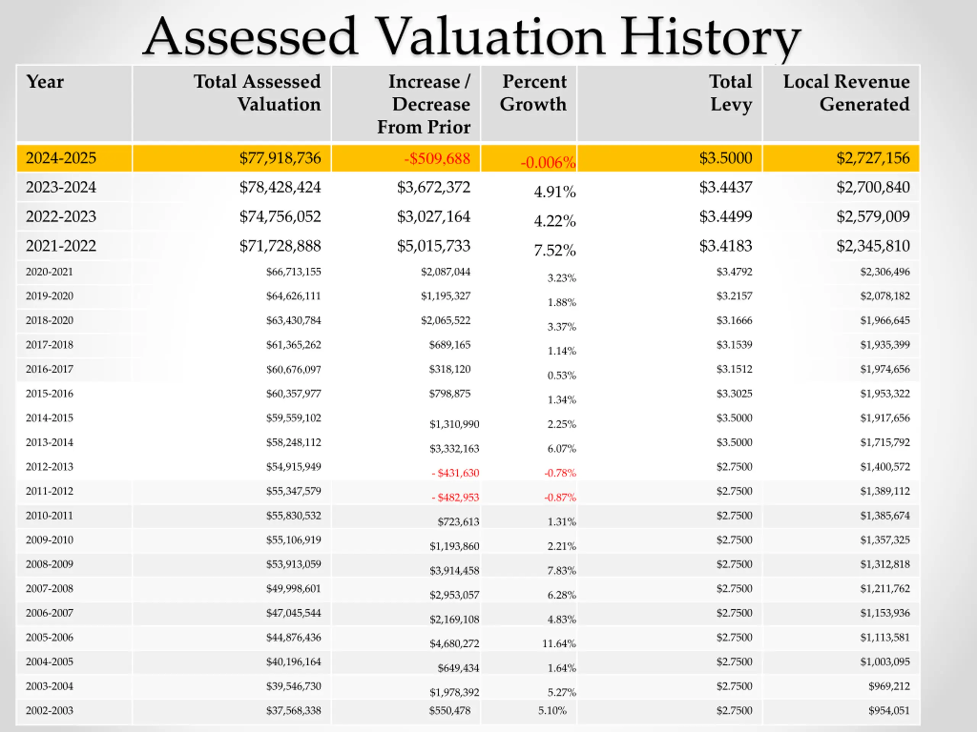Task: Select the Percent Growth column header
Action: point(534,93)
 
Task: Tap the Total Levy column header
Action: point(731,93)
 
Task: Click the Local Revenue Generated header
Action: point(846,93)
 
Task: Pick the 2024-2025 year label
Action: point(61,158)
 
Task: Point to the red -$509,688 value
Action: point(437,158)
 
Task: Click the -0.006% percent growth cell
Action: point(548,162)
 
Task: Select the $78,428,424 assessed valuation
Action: point(280,187)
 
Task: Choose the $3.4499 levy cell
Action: point(725,217)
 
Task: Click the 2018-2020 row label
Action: point(50,320)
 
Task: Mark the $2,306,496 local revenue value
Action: point(885,272)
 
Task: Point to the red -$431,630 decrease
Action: point(455,473)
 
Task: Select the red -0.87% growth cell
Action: point(560,497)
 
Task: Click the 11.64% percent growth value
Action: point(559,644)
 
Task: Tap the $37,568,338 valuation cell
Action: point(293,710)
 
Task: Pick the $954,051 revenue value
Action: point(889,710)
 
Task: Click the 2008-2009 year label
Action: point(50,564)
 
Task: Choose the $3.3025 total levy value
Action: point(734,393)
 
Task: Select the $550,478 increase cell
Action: point(450,710)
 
